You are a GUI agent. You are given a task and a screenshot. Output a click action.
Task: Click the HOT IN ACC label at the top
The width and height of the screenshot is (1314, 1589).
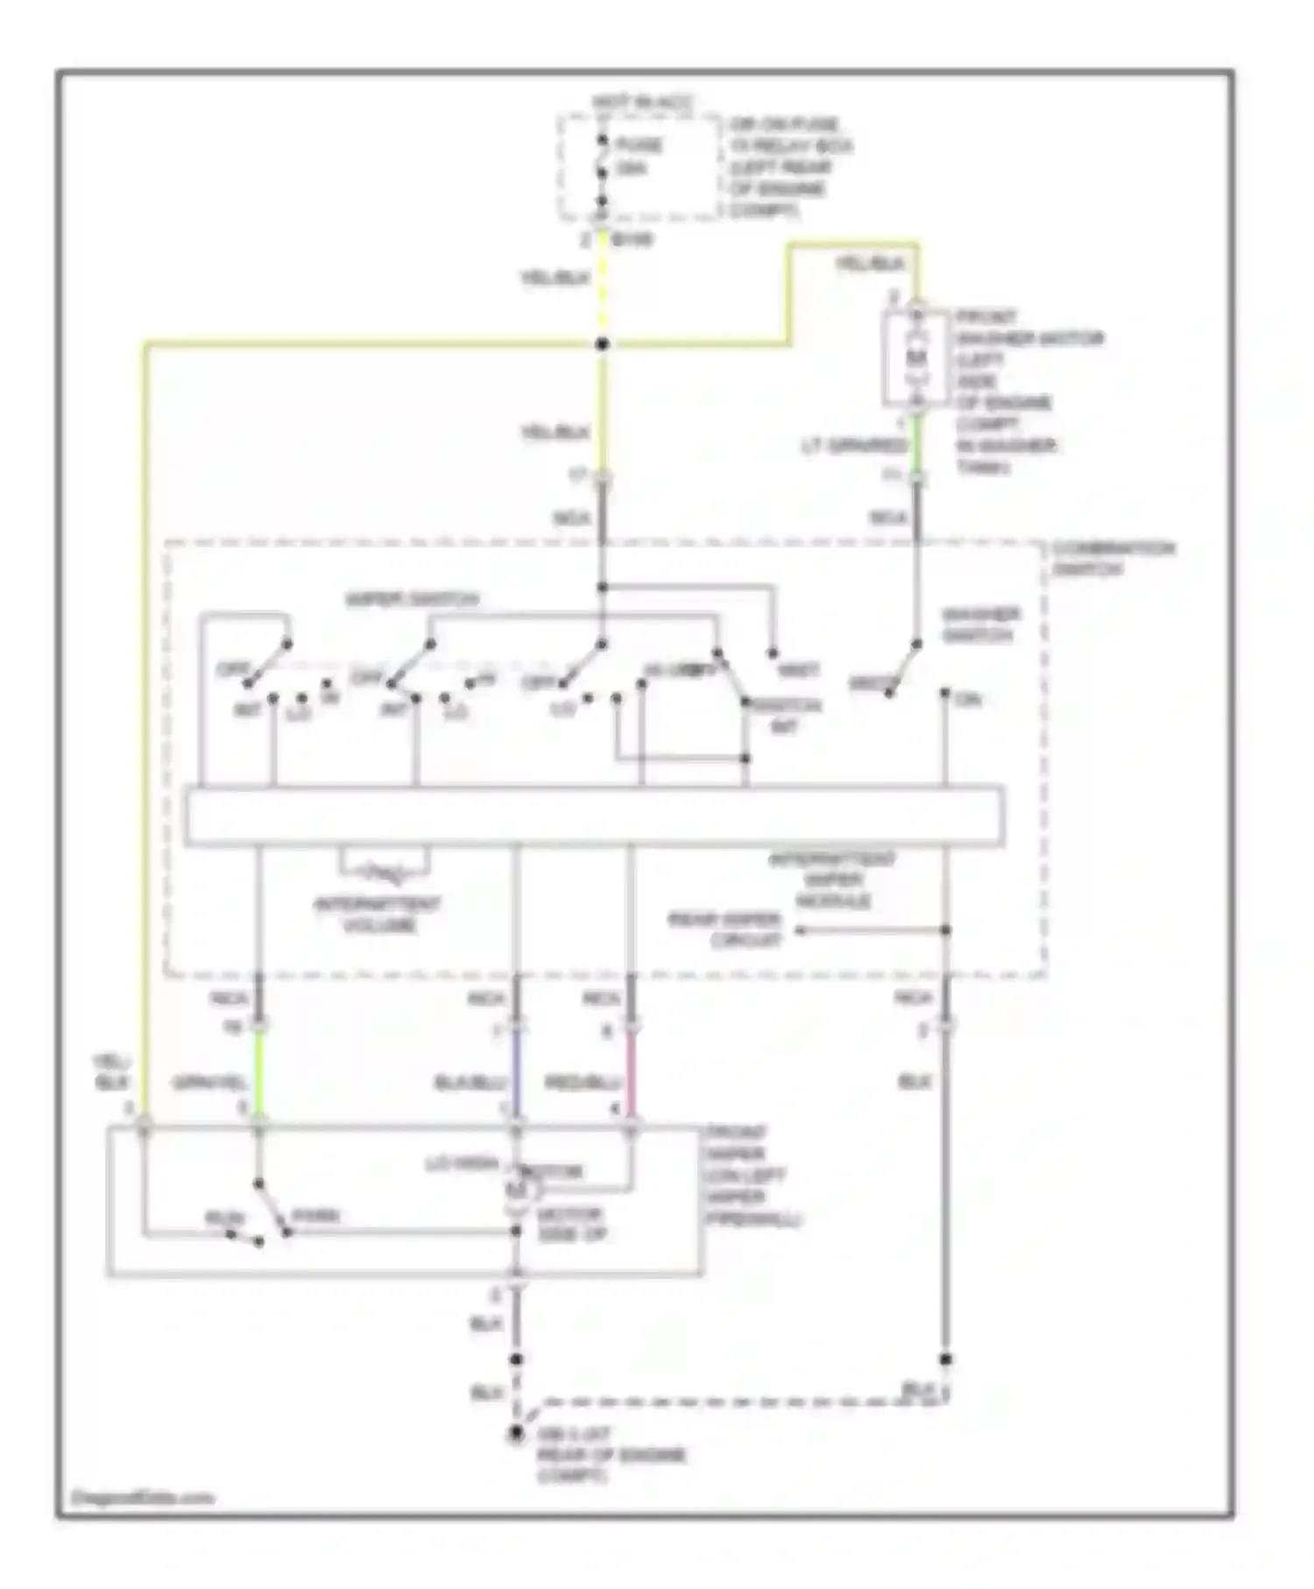click(x=642, y=102)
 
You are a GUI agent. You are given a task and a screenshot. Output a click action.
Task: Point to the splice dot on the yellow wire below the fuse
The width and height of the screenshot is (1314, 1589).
click(x=602, y=344)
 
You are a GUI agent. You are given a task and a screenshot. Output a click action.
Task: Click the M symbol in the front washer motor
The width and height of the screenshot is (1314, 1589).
click(x=916, y=357)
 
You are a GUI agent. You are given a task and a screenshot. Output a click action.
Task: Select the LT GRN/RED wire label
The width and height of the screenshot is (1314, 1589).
click(x=854, y=447)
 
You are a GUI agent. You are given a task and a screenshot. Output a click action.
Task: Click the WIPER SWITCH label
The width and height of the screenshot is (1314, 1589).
click(x=413, y=600)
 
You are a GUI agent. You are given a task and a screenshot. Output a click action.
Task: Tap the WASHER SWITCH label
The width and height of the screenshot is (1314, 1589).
click(x=980, y=625)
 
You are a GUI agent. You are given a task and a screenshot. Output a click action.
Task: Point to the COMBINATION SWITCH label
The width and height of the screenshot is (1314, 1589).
click(x=1112, y=559)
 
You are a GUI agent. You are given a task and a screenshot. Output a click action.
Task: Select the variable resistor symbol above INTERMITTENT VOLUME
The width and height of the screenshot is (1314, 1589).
click(x=385, y=872)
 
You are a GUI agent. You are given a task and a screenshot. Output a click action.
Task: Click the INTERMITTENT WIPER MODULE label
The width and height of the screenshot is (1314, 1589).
click(x=832, y=880)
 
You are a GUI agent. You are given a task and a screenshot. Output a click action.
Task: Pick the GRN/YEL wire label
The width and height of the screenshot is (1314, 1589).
click(x=210, y=1083)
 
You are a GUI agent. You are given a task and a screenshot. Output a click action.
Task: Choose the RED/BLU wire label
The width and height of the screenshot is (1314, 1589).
click(x=583, y=1084)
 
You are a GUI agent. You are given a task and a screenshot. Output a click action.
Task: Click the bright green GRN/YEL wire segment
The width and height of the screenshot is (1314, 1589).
click(x=258, y=1073)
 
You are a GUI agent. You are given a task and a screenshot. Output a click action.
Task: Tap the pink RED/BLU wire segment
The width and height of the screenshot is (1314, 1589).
click(x=631, y=1073)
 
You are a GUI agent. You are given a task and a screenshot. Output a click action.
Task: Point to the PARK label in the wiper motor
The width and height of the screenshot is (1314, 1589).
click(x=314, y=1216)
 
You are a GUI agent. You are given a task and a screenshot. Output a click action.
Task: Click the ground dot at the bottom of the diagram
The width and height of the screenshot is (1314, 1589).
click(x=516, y=1433)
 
